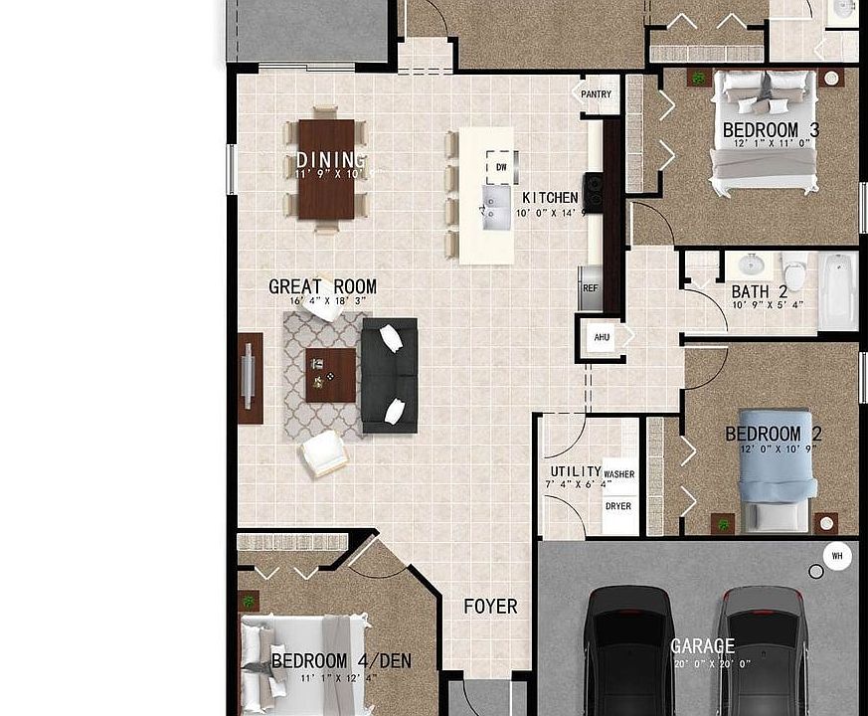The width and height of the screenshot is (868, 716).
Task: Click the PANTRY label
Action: pyautogui.click(x=597, y=95)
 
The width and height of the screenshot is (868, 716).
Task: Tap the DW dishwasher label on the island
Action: pyautogui.click(x=501, y=167)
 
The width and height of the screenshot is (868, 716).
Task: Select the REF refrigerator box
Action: pyautogui.click(x=591, y=288)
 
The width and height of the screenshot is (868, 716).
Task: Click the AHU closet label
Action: pyautogui.click(x=602, y=337)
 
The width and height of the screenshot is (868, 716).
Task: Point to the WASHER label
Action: pyautogui.click(x=618, y=475)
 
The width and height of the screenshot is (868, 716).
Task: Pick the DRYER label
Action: pyautogui.click(x=618, y=506)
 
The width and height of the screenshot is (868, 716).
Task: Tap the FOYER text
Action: pyautogui.click(x=490, y=607)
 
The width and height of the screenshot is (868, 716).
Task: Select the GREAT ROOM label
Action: pyautogui.click(x=322, y=287)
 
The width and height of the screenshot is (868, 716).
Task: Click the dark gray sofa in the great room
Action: pyautogui.click(x=389, y=375)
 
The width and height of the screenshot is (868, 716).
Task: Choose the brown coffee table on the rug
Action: pyautogui.click(x=330, y=375)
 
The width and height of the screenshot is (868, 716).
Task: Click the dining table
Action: pyautogui.click(x=326, y=169)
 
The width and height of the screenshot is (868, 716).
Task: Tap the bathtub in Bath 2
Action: pyautogui.click(x=837, y=289)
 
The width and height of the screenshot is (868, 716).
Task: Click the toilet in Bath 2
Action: pyautogui.click(x=794, y=270)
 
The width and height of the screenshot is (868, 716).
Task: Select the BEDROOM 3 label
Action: pyautogui.click(x=771, y=130)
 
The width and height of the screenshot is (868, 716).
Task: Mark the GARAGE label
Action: pyautogui.click(x=702, y=646)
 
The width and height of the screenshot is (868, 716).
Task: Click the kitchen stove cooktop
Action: pyautogui.click(x=593, y=193)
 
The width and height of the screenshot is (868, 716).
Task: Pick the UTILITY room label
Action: pyautogui.click(x=576, y=472)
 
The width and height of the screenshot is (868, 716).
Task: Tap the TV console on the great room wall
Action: pyautogui.click(x=250, y=377)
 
